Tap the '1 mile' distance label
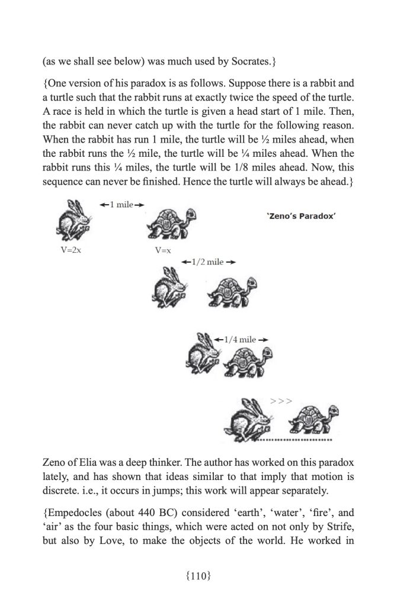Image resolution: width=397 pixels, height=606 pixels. pos(122,204)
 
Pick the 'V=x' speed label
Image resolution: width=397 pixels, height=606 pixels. pos(163,250)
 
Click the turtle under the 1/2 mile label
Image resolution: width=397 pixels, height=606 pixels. pos(232,291)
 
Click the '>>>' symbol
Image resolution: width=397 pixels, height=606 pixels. pos(281,401)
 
